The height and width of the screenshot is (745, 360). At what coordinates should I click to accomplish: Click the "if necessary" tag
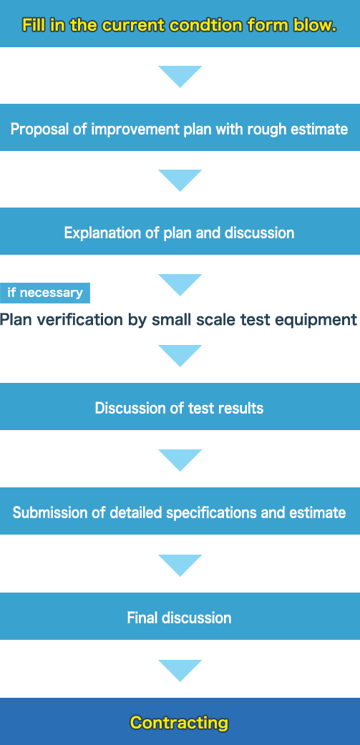click(45, 293)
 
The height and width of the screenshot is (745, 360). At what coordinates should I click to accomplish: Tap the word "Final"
click(142, 618)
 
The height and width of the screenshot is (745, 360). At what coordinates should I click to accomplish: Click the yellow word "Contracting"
click(180, 723)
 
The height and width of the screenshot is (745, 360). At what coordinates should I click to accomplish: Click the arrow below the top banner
click(180, 75)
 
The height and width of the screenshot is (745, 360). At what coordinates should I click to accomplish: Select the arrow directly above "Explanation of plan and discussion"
click(180, 179)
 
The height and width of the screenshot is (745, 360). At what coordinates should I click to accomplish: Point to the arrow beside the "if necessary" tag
click(180, 283)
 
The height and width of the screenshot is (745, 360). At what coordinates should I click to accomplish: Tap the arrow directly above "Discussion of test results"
click(180, 354)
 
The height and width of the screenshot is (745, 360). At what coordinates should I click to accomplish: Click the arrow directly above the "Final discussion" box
click(180, 564)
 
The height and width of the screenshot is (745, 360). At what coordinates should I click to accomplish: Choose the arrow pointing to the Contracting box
click(180, 669)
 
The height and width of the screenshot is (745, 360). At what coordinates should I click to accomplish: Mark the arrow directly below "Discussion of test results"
click(180, 459)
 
